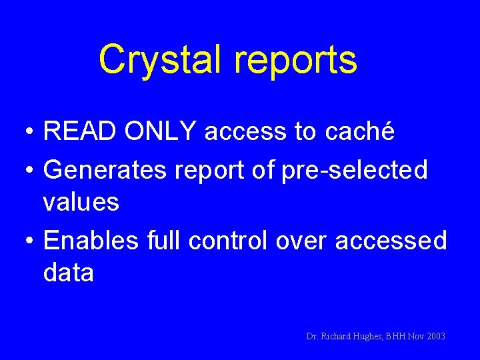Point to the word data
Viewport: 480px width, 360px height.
(x=69, y=273)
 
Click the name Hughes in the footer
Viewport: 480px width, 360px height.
(x=365, y=337)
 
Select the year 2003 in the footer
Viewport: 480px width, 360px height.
(x=433, y=337)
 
